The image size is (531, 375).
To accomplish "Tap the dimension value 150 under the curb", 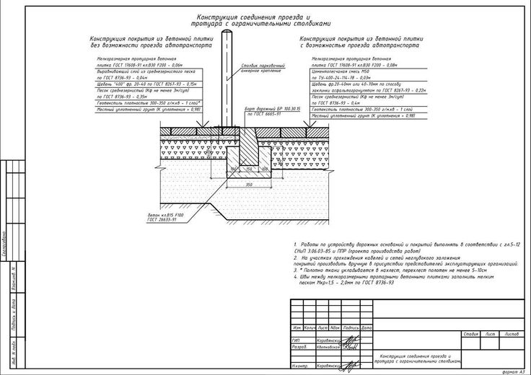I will pyautogui.click(x=247, y=170).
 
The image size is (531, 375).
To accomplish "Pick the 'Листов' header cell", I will pyautogui.click(x=512, y=334).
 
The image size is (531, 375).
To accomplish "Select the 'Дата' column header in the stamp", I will pyautogui.click(x=368, y=328).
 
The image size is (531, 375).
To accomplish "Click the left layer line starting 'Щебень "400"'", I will pyautogui.click(x=141, y=82).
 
